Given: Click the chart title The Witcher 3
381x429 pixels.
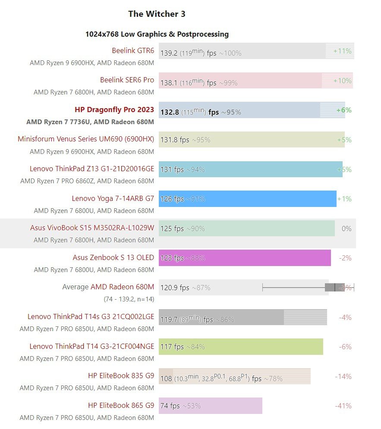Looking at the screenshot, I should [x=157, y=14].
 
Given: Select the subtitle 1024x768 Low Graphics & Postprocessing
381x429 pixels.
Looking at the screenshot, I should [x=157, y=34].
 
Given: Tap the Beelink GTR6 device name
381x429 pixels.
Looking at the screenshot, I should [x=133, y=50].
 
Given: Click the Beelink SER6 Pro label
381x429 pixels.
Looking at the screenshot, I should [x=127, y=80].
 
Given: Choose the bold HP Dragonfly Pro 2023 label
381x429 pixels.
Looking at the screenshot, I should [x=114, y=110].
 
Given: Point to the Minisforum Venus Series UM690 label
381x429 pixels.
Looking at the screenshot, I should [x=86, y=139].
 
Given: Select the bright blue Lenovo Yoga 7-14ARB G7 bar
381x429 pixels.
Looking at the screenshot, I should [x=247, y=199].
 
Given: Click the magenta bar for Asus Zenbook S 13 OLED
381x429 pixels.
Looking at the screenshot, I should [x=245, y=258].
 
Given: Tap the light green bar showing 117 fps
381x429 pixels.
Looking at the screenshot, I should [x=241, y=347].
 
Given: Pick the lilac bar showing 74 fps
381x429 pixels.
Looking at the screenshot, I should [x=211, y=406].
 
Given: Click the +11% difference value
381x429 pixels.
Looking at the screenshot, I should [x=342, y=51].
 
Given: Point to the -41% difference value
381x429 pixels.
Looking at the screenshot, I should [x=343, y=406].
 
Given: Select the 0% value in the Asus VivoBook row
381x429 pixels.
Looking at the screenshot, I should [x=346, y=229].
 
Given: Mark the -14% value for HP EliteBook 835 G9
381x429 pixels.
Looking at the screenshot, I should [x=343, y=376].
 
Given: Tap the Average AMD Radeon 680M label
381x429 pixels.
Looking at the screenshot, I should [x=108, y=287].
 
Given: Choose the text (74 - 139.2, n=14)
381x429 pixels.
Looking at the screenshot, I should [x=129, y=299].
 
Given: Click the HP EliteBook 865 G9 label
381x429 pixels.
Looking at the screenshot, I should [x=121, y=406].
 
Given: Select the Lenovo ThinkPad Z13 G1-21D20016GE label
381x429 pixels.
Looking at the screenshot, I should [x=92, y=169].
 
